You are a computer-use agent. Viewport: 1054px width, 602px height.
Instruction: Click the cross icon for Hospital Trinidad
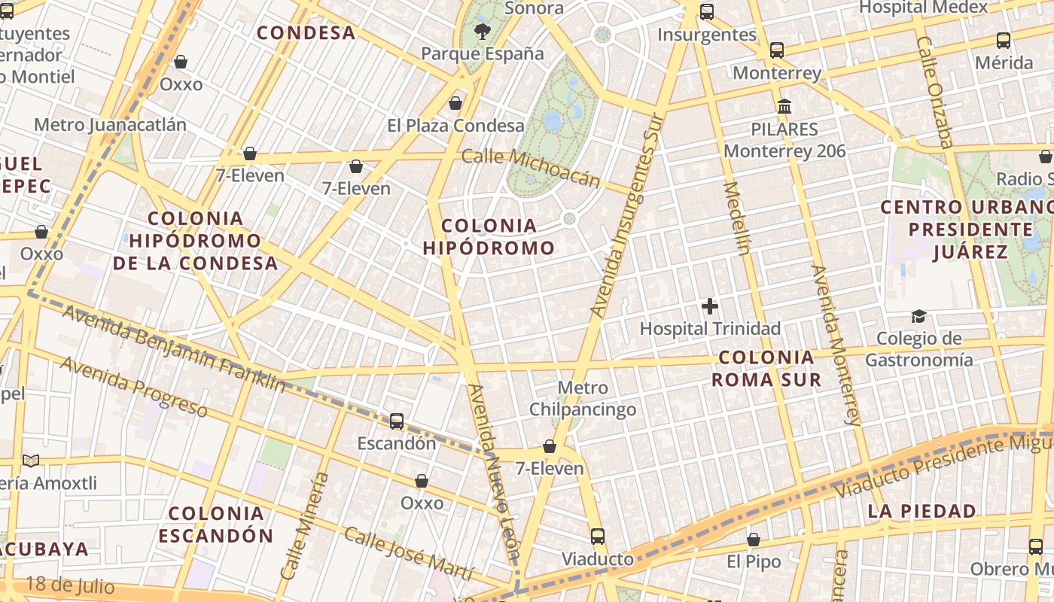(x=709, y=306)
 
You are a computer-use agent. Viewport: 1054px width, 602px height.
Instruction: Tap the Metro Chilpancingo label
(x=583, y=399)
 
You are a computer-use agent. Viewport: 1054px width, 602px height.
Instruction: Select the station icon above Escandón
(x=397, y=421)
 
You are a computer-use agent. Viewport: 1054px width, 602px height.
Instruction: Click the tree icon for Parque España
(x=482, y=32)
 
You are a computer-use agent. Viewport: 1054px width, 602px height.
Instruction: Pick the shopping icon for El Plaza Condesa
(x=455, y=103)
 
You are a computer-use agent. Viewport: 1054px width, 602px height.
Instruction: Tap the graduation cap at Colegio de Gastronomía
(x=918, y=316)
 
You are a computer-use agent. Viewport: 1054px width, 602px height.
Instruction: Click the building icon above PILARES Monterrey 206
(x=784, y=106)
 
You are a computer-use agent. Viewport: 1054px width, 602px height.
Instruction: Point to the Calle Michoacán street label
(x=531, y=167)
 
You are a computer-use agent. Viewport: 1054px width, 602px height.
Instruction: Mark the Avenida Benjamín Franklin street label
(x=173, y=348)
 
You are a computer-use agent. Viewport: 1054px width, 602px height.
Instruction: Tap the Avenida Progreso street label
(x=133, y=386)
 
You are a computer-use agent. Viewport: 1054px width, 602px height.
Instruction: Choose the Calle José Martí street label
(x=409, y=554)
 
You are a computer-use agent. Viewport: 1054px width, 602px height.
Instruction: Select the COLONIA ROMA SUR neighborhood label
(x=766, y=368)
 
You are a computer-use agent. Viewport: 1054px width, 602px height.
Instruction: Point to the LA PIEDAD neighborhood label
(x=921, y=512)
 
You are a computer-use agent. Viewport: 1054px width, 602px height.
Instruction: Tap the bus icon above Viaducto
(x=598, y=537)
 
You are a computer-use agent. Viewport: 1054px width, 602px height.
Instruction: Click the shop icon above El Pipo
(x=754, y=540)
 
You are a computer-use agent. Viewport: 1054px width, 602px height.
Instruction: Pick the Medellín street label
(x=737, y=218)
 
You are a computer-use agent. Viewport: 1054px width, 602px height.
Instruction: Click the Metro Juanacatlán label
(x=110, y=125)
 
